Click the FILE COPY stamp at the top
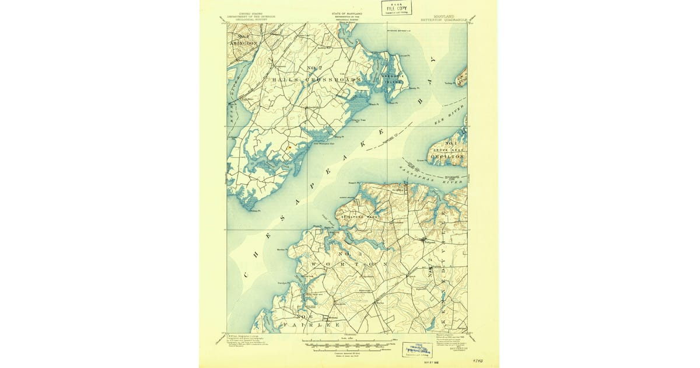[397, 8]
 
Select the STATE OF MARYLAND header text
[346, 13]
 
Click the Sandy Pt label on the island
[413, 88]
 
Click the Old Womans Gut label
[324, 144]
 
